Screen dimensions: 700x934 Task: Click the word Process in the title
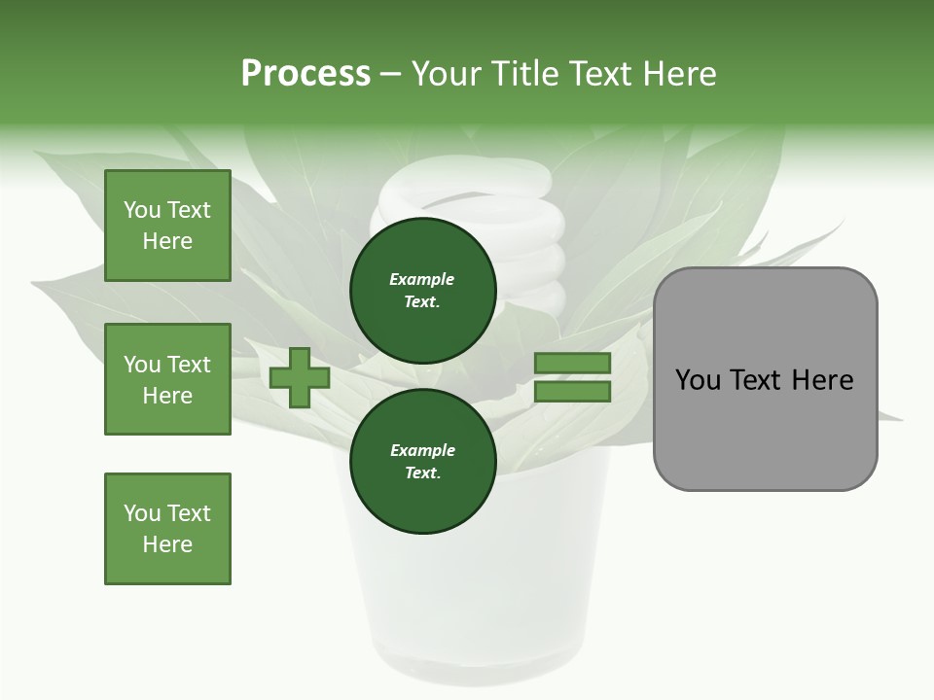305,74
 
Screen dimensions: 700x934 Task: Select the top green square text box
167,226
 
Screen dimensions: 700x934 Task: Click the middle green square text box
167,379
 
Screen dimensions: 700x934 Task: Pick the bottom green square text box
167,529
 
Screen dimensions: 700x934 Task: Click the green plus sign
300,378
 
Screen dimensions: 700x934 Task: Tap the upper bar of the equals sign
572,364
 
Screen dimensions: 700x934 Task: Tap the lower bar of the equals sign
572,392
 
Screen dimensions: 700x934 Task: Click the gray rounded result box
765,428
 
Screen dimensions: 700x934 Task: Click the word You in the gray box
698,380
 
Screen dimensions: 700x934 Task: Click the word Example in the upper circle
422,279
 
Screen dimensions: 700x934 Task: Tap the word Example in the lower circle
422,450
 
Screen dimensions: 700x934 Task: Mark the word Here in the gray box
822,380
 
